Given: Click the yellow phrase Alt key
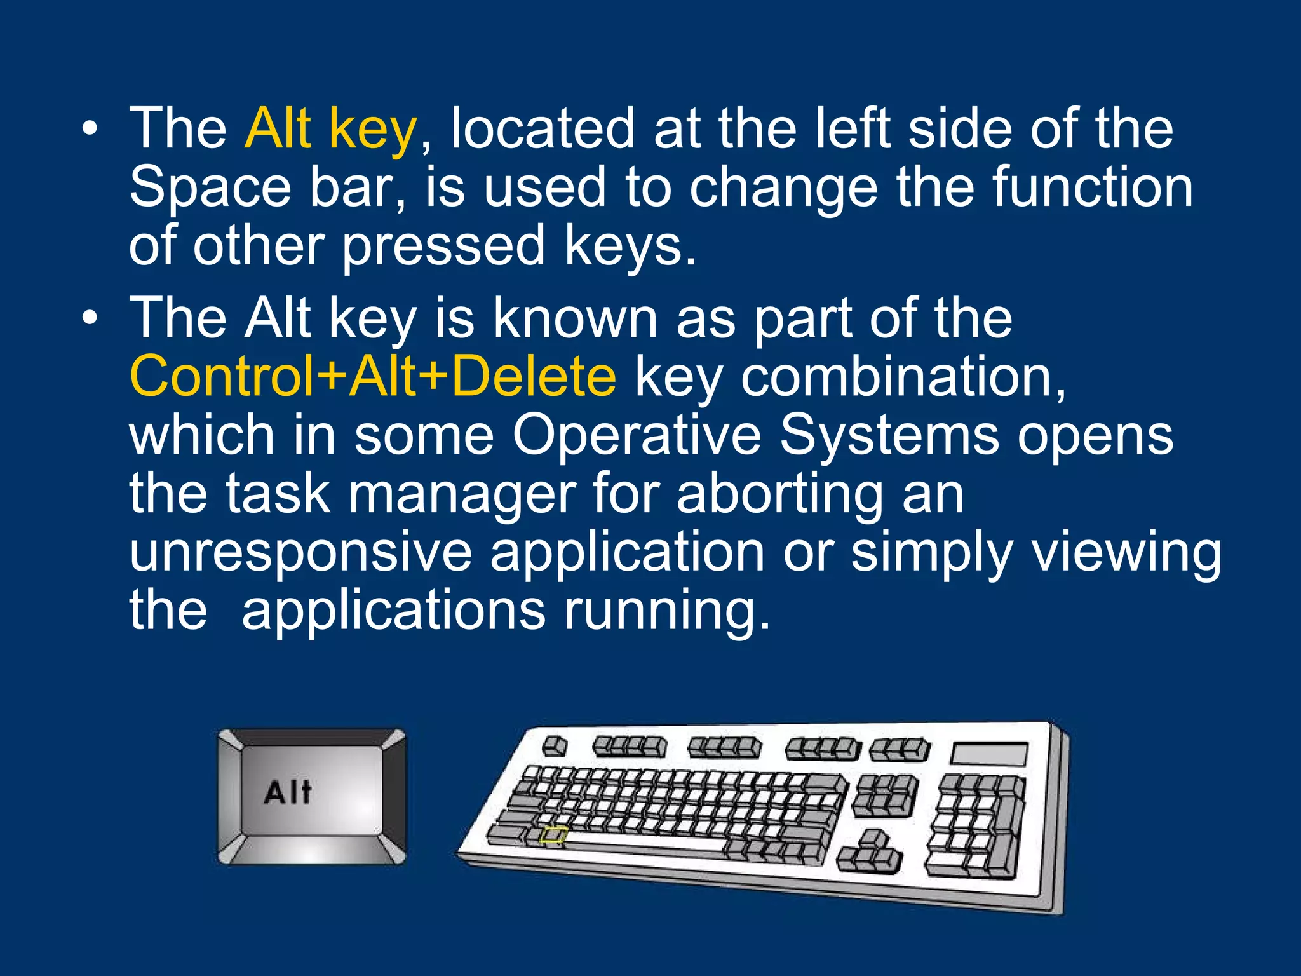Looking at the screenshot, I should coord(330,129).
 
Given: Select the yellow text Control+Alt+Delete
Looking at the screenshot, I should coord(372,376).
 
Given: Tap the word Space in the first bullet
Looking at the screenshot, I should coord(210,187).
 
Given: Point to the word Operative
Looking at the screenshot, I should coord(637,435).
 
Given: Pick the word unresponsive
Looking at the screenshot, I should coord(300,552).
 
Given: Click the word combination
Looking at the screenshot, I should coord(903,376).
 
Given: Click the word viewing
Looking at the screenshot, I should coord(1126,552).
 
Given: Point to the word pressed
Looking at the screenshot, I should coord(443,246).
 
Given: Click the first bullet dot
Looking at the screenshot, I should coord(90,129).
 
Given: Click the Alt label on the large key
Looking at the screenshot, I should coord(288,792).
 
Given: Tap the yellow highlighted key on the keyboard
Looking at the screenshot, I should coord(553,835).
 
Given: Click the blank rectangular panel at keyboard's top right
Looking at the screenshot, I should coord(988,754).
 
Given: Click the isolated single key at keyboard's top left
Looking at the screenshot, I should coord(555,745).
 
